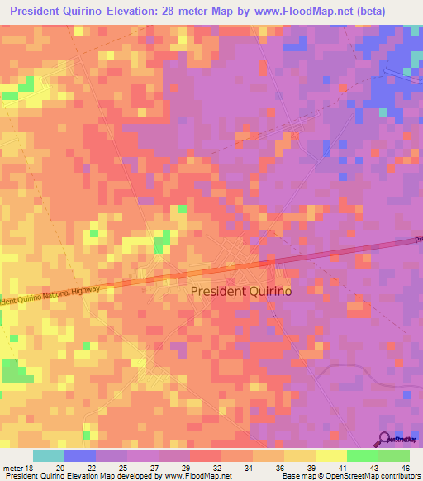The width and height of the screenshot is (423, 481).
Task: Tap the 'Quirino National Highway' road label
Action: click(x=50, y=296)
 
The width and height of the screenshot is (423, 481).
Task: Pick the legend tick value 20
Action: click(x=59, y=466)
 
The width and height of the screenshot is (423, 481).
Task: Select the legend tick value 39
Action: click(x=311, y=466)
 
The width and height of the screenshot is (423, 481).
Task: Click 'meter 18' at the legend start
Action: click(x=18, y=466)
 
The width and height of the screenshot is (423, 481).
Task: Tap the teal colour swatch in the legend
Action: click(x=49, y=455)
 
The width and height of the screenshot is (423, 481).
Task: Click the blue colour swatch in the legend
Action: click(x=80, y=455)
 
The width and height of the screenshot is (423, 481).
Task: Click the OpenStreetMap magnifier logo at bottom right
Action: click(x=383, y=439)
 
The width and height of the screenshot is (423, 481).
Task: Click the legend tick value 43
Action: click(x=374, y=466)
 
